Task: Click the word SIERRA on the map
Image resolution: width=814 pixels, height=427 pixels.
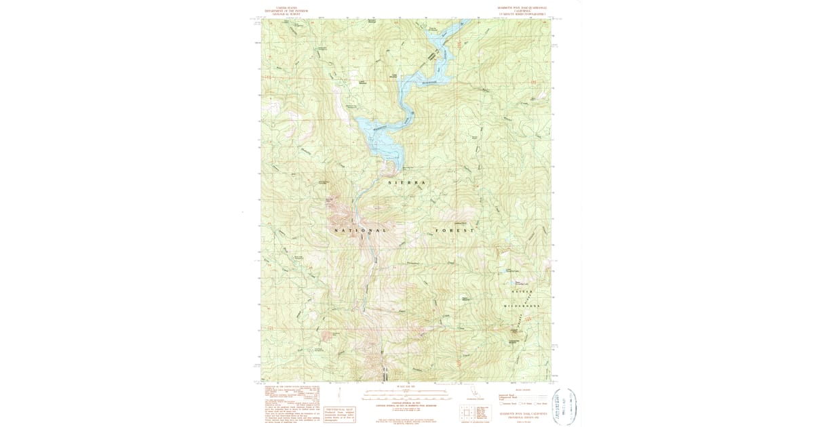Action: click(x=406, y=184)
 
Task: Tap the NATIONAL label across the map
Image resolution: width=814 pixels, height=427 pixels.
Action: click(x=361, y=231)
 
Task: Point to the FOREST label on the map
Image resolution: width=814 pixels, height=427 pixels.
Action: click(x=454, y=231)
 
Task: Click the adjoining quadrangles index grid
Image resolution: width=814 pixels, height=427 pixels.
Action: click(x=467, y=412)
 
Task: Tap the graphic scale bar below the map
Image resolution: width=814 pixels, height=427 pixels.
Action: click(x=407, y=394)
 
